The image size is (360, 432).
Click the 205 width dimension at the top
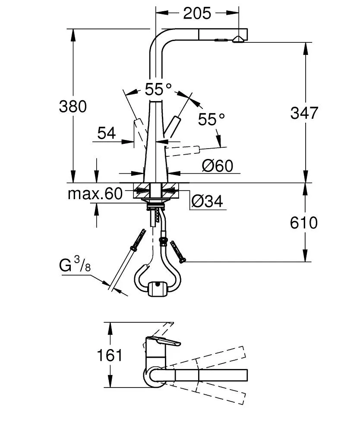(x=197, y=13)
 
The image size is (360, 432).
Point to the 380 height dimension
(x=73, y=106)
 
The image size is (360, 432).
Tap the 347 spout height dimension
(x=304, y=113)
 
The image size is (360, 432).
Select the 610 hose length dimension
(x=304, y=223)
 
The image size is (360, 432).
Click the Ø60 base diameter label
(x=218, y=165)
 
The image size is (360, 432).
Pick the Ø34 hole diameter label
(x=207, y=201)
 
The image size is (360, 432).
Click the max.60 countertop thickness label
(x=95, y=194)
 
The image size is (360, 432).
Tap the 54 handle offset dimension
(x=107, y=133)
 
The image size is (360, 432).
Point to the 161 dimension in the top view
(x=110, y=355)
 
